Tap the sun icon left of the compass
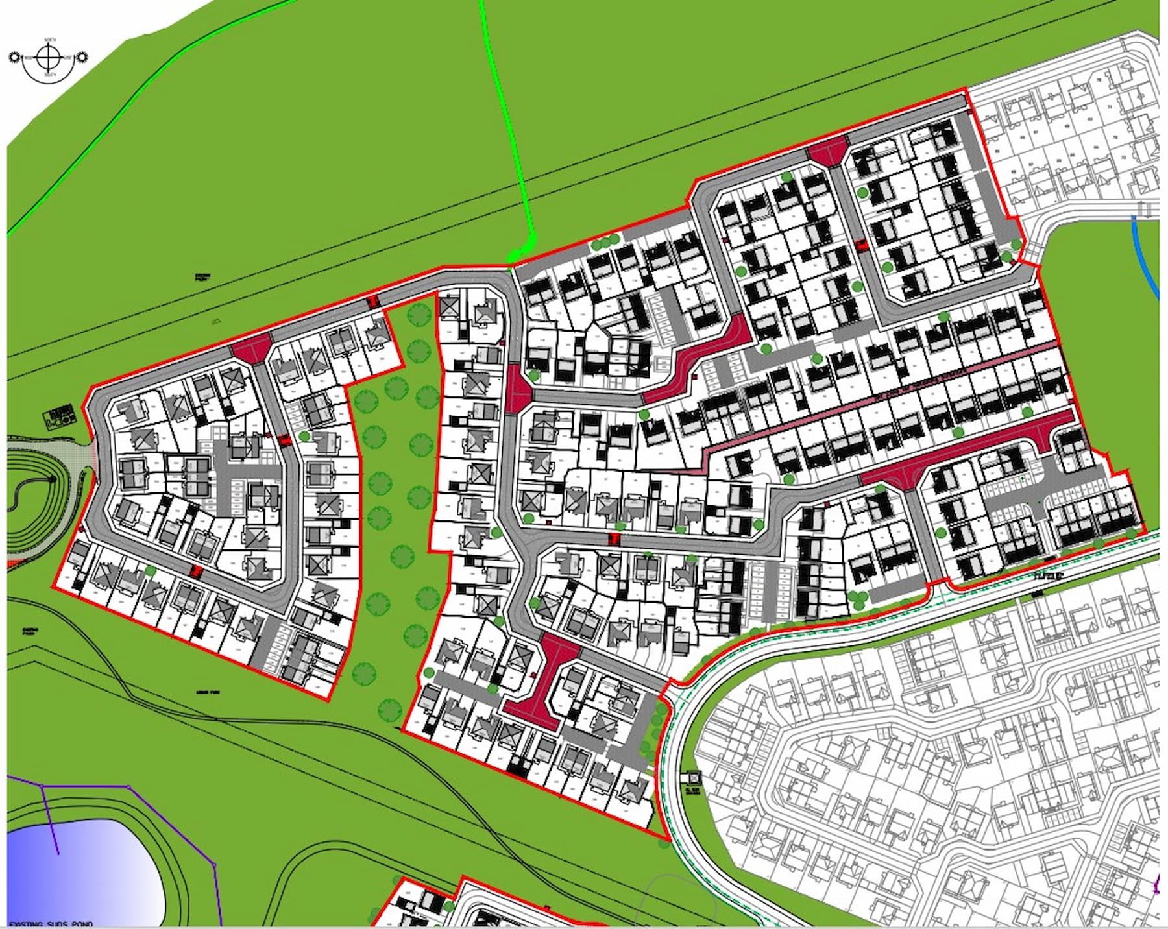[15, 58]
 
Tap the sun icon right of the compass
[82, 58]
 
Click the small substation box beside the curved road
[694, 777]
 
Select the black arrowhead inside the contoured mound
[52, 479]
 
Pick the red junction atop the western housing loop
[252, 347]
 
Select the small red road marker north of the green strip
[372, 302]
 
